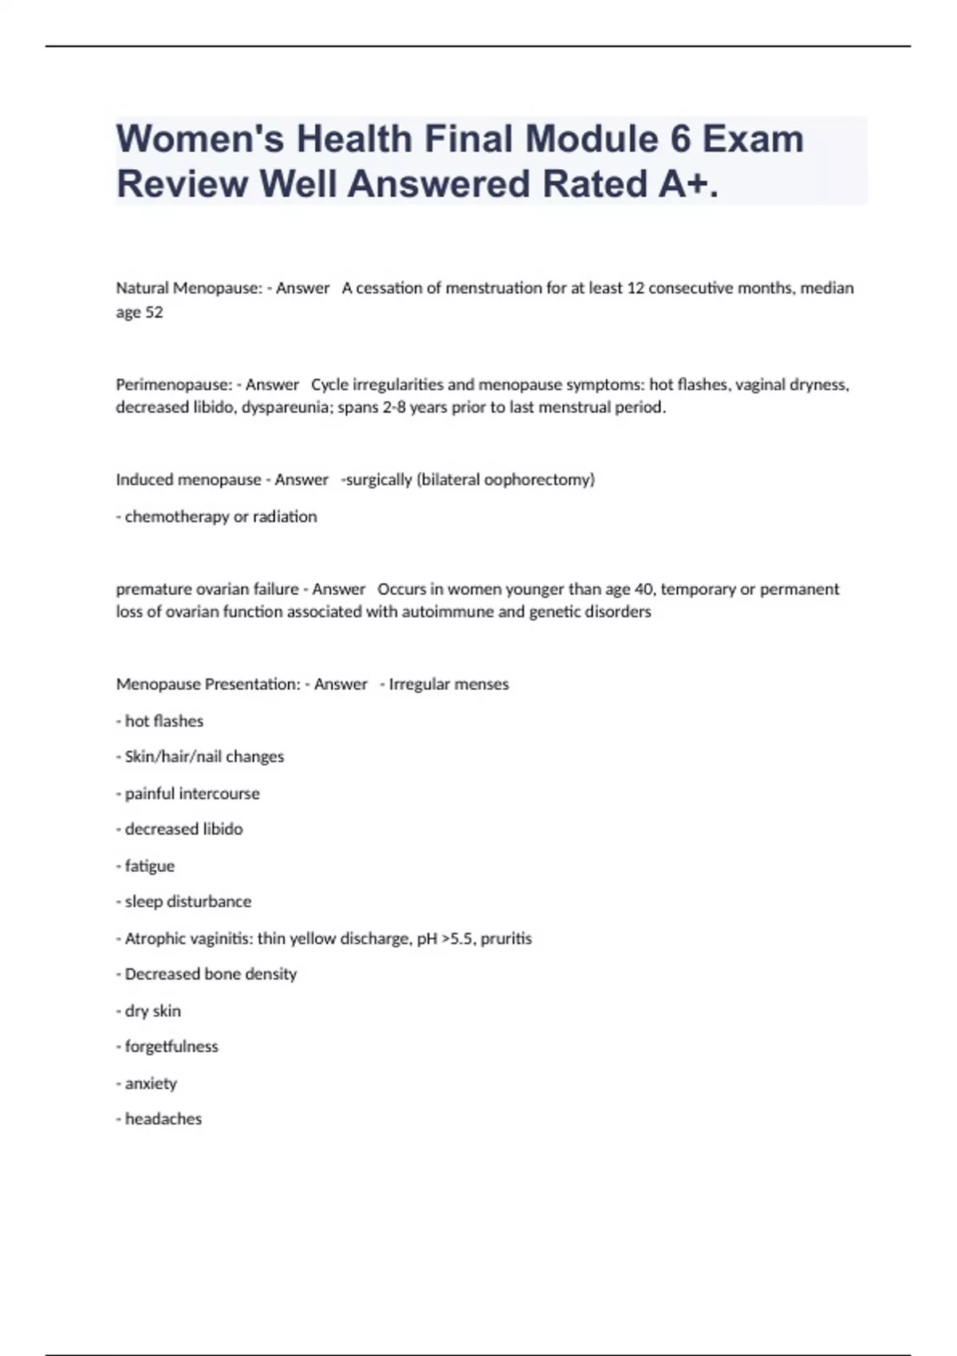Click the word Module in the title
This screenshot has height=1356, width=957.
593,139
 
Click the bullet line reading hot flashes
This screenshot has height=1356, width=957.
163,721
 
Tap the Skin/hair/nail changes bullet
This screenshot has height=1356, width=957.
204,757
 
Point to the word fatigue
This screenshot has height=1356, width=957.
149,866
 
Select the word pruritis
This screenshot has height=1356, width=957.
506,939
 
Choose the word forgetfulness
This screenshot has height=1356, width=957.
171,1047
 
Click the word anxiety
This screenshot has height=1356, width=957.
151,1083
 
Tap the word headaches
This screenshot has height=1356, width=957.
163,1119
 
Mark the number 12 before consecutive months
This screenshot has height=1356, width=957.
636,288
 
